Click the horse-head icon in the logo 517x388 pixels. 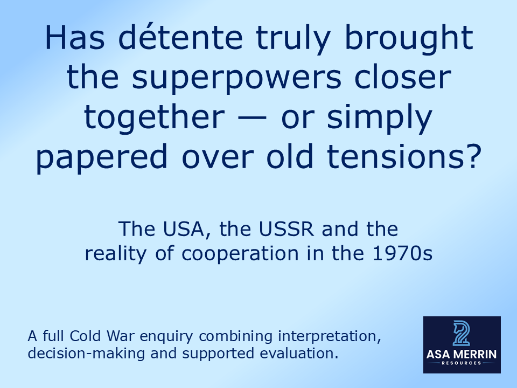[x=462, y=333]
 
